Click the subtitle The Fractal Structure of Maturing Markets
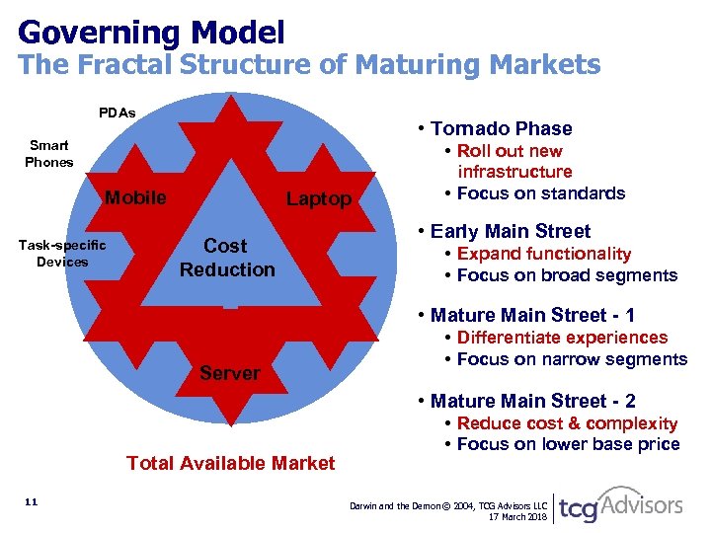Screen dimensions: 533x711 (309, 66)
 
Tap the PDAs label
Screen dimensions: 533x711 (118, 113)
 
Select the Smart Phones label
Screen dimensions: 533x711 (48, 153)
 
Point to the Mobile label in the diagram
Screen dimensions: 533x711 (135, 197)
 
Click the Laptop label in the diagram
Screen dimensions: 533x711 (318, 199)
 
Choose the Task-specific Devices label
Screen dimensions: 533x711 (63, 253)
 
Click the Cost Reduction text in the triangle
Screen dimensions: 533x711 (227, 257)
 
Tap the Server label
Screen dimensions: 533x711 (229, 373)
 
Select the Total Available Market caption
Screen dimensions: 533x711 (231, 463)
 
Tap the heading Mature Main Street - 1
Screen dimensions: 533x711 (532, 315)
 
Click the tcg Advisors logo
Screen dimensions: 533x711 (620, 504)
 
